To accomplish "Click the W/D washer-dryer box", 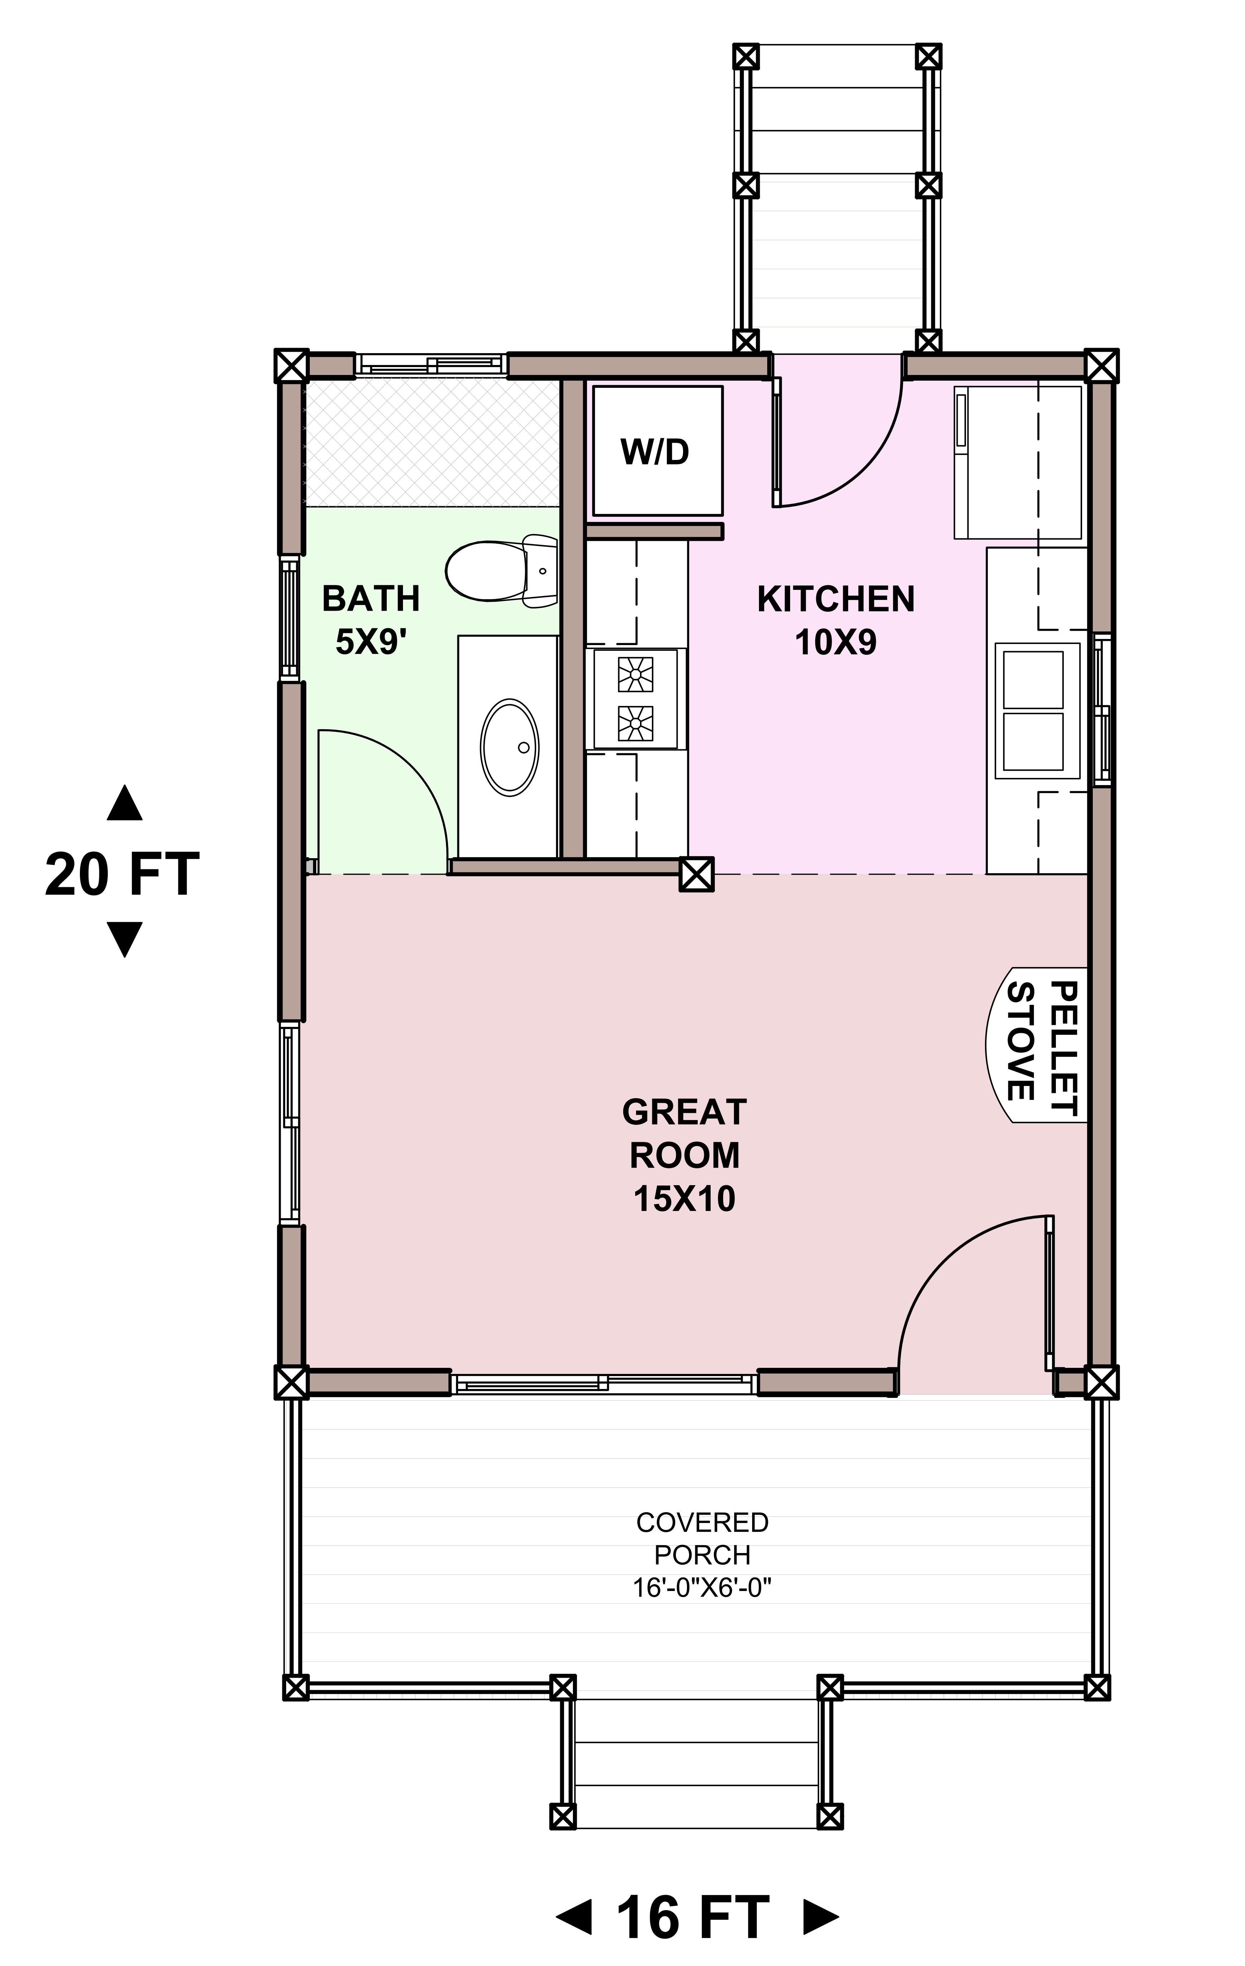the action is coord(657,450).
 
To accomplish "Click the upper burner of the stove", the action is coord(635,674).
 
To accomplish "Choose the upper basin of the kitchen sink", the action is coord(1033,679).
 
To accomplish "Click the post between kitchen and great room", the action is coord(696,874).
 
